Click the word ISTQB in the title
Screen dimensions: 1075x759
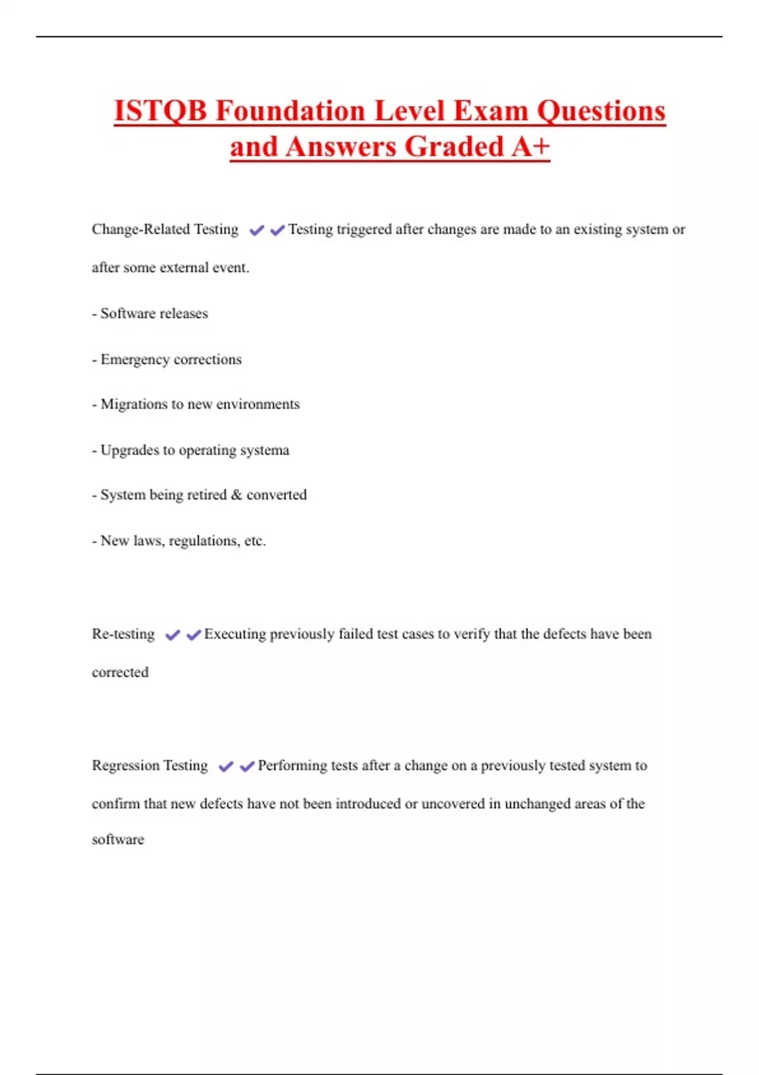[x=160, y=111]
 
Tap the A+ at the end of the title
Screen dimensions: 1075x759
[x=531, y=147]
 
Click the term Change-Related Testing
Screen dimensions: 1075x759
[x=165, y=229]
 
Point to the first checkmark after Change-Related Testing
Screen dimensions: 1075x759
[x=256, y=230]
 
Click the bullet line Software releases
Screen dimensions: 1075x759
[x=154, y=314]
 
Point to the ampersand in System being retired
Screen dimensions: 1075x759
[x=237, y=494]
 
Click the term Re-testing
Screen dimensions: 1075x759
[x=123, y=634]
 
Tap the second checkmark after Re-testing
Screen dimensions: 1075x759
[x=194, y=635]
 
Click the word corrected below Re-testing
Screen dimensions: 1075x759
[x=120, y=672]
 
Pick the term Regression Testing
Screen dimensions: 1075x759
[x=150, y=766]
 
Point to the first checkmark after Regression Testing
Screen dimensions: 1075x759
[x=225, y=767]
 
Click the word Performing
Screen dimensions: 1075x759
[x=292, y=766]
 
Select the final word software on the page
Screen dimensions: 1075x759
[x=118, y=840]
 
